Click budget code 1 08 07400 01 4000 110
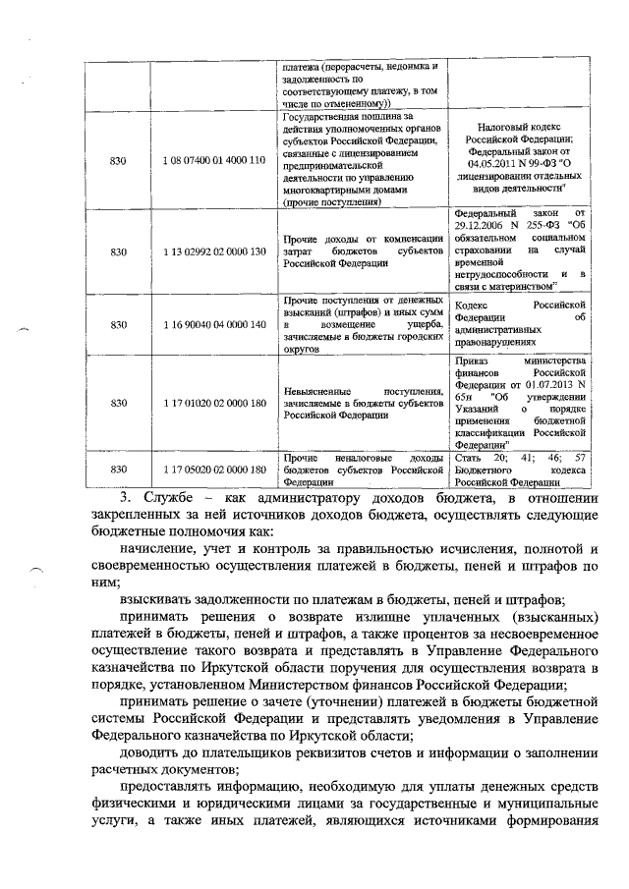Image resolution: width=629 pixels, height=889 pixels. point(215,159)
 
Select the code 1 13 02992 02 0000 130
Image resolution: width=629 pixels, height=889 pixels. point(215,251)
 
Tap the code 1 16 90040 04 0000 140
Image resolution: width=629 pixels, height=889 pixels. point(215,323)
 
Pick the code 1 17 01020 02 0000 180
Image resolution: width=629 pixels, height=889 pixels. point(215,402)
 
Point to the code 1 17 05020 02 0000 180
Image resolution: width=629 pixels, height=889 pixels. point(215,470)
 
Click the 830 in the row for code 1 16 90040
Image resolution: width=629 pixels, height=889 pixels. point(119,323)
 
